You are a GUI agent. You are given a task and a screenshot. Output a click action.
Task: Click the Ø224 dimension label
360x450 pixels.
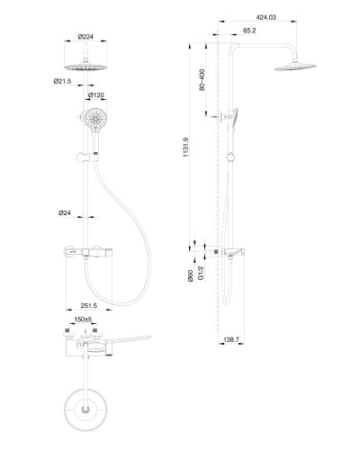(85, 37)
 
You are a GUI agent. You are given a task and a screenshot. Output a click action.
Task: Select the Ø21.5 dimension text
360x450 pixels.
(62, 81)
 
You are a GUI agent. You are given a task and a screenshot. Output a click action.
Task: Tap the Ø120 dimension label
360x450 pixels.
(96, 95)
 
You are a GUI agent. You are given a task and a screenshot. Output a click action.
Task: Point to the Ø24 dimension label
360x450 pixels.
(65, 212)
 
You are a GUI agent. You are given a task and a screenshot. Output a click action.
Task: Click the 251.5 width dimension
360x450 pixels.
(89, 305)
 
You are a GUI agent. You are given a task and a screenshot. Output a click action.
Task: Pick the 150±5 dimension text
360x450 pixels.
(83, 319)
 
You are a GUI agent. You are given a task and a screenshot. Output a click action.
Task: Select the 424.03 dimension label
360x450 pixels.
(265, 17)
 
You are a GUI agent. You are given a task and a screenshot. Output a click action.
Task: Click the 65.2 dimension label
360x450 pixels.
(249, 31)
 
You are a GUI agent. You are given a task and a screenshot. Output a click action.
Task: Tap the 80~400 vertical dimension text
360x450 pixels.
(202, 80)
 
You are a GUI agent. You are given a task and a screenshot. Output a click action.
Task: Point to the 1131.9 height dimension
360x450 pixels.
(185, 147)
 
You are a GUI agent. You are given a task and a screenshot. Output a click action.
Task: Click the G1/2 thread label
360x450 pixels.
(201, 273)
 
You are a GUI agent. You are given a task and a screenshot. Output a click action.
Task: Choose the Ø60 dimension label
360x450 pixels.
(190, 275)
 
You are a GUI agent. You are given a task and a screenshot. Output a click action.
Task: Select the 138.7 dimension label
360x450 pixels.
(231, 339)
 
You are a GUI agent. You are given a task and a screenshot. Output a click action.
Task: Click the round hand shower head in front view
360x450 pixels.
(95, 119)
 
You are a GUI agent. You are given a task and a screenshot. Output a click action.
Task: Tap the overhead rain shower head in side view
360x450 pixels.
(295, 67)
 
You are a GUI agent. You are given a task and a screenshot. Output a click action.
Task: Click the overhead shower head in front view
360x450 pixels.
(85, 67)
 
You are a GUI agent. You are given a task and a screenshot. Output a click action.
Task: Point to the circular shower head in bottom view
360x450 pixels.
(85, 409)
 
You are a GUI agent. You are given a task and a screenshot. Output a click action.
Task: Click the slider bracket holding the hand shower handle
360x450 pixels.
(85, 157)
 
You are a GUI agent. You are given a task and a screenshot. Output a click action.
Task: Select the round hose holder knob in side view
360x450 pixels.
(230, 157)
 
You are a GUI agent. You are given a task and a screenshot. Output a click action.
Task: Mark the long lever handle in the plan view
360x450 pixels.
(129, 339)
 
